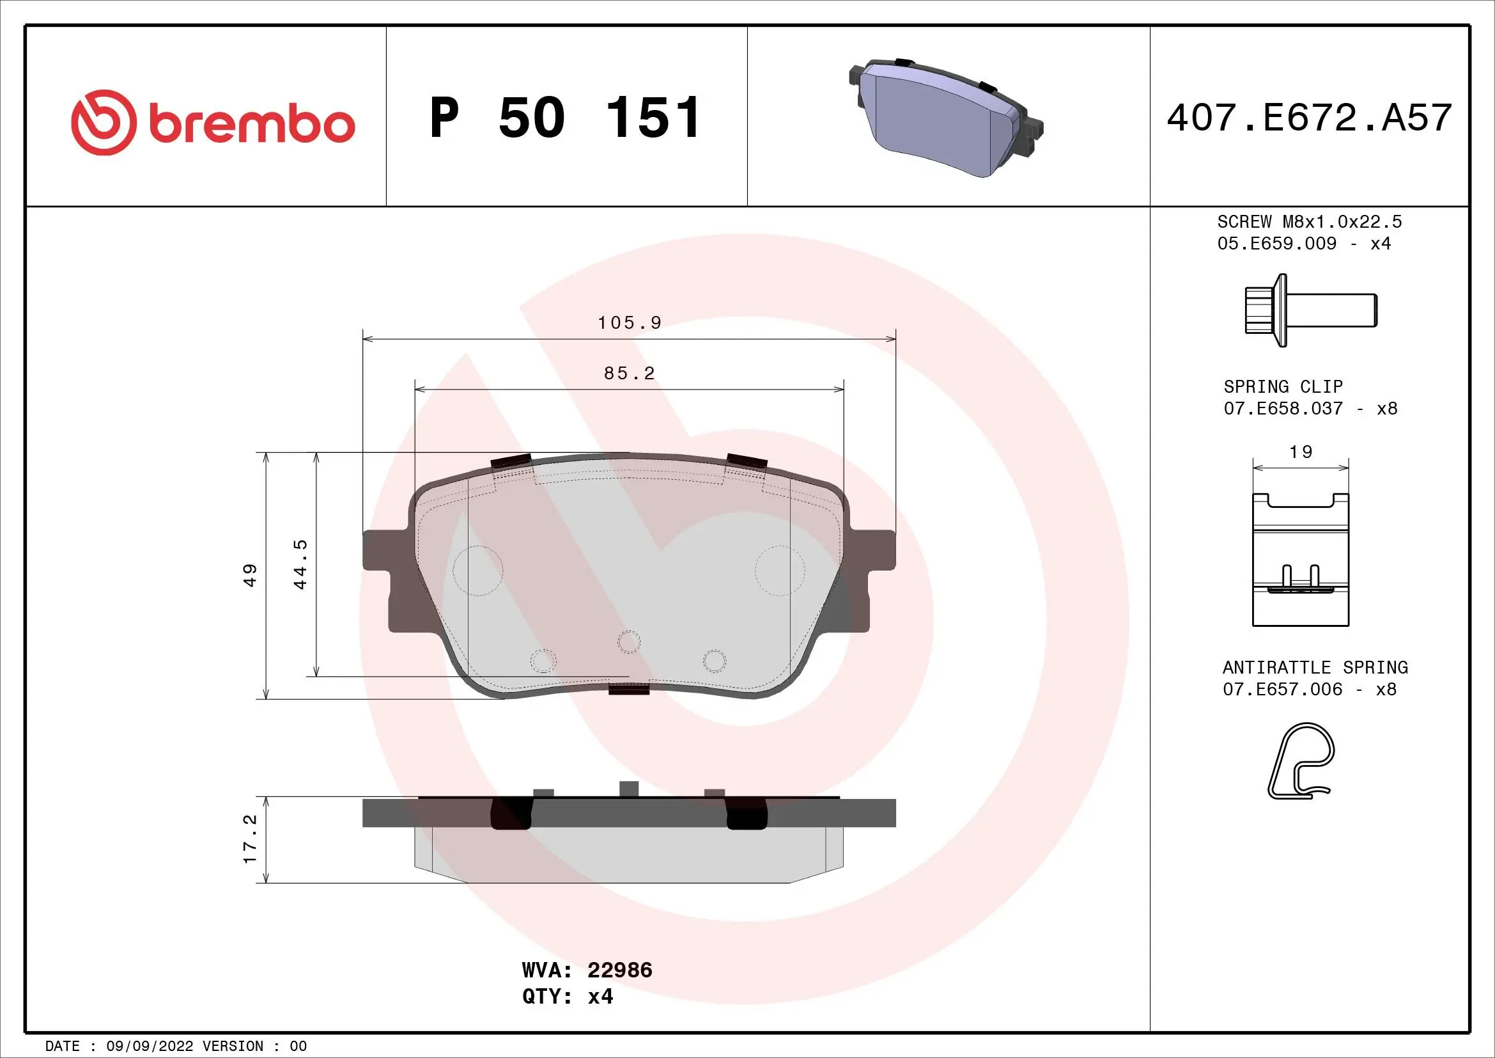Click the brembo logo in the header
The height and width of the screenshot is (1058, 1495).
pyautogui.click(x=213, y=122)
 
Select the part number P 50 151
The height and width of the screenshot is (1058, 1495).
pyautogui.click(x=564, y=118)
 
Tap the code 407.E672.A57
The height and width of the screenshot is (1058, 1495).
pyautogui.click(x=1309, y=118)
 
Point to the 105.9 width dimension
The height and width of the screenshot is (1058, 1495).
pyautogui.click(x=629, y=323)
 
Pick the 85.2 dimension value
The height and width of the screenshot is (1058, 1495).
pyautogui.click(x=629, y=374)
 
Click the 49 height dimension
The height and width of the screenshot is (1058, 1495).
pyautogui.click(x=250, y=575)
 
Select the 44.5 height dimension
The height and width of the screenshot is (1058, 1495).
pyautogui.click(x=300, y=564)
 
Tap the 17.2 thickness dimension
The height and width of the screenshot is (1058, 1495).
pyautogui.click(x=250, y=839)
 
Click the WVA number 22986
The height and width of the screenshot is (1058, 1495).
pyautogui.click(x=619, y=970)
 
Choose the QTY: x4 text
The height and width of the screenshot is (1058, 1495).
pyautogui.click(x=567, y=997)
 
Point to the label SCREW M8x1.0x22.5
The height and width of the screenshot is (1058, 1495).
pyautogui.click(x=1309, y=222)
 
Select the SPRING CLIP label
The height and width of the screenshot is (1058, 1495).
pyautogui.click(x=1283, y=387)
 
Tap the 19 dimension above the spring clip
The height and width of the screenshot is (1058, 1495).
pyautogui.click(x=1300, y=452)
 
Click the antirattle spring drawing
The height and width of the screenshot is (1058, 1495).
pyautogui.click(x=1300, y=761)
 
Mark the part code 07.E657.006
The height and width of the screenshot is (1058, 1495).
pyautogui.click(x=1282, y=690)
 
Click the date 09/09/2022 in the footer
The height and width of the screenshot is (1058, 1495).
pyautogui.click(x=150, y=1046)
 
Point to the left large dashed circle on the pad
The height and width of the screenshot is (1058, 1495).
pyautogui.click(x=478, y=571)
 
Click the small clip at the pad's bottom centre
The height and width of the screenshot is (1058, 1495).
pyautogui.click(x=629, y=689)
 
